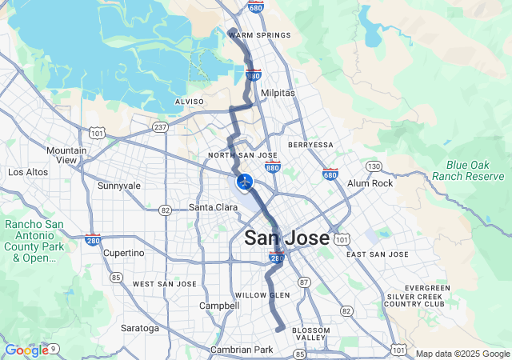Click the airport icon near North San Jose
tap(245, 182)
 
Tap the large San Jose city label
tap(286, 238)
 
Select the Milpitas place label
tap(278, 93)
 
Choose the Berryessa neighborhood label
tap(310, 145)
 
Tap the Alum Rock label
tap(370, 183)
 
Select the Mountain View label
tap(66, 155)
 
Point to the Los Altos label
tap(27, 172)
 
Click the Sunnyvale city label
tap(118, 186)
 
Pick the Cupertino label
tap(124, 253)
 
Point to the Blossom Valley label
tap(310, 335)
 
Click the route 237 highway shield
tap(160, 126)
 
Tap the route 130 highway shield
tap(374, 166)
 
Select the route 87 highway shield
tap(303, 282)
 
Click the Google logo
tap(26, 350)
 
